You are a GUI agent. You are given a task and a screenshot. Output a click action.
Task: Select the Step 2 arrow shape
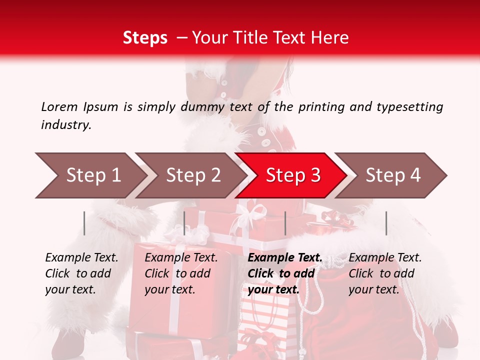[192, 175]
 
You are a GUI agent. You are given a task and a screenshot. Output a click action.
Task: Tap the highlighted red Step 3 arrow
[292, 175]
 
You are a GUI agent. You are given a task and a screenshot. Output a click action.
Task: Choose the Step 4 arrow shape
[392, 175]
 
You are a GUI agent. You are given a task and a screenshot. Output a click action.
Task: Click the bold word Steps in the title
[145, 38]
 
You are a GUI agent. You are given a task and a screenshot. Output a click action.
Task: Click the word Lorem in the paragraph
[59, 106]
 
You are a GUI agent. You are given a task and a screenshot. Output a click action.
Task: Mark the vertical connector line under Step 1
[84, 223]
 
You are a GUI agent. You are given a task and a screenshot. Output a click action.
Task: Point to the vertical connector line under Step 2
[184, 223]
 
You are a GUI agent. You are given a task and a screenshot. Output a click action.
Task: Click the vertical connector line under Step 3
[285, 223]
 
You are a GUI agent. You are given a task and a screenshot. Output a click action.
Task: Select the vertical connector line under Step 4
[386, 223]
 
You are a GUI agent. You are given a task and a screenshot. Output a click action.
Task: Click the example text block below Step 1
[81, 273]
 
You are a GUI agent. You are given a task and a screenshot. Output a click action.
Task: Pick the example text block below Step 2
[180, 273]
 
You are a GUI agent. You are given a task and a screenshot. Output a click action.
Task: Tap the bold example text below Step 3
[284, 273]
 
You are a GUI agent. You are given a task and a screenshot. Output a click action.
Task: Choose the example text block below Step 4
[384, 273]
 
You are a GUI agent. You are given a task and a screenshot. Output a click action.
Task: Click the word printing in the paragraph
[318, 107]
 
